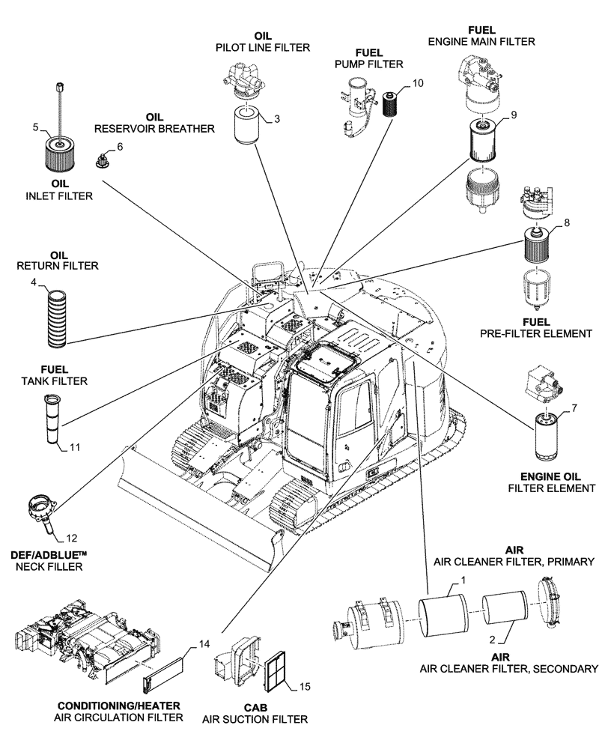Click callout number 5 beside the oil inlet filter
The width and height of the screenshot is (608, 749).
pyautogui.click(x=35, y=127)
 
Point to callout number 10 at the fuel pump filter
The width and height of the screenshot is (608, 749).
pyautogui.click(x=416, y=83)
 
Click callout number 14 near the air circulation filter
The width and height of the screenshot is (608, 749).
pyautogui.click(x=204, y=643)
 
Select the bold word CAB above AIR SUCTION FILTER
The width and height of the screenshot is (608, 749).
pyautogui.click(x=253, y=706)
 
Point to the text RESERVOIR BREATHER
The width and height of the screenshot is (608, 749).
pyautogui.click(x=154, y=129)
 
